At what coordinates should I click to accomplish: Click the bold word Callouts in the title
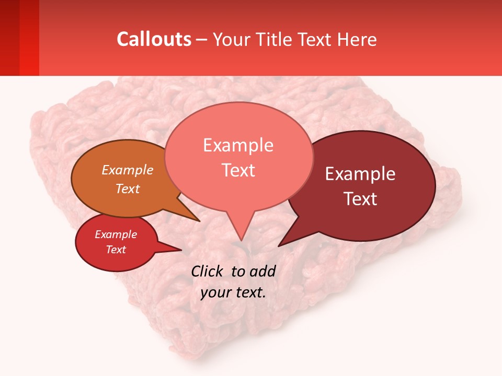pyautogui.click(x=154, y=39)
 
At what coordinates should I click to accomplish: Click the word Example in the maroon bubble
pyautogui.click(x=360, y=174)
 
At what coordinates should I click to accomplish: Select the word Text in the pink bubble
pyautogui.click(x=238, y=170)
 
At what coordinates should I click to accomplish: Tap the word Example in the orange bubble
pyautogui.click(x=128, y=170)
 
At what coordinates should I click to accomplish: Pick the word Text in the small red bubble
pyautogui.click(x=116, y=250)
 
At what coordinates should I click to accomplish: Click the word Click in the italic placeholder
pyautogui.click(x=208, y=271)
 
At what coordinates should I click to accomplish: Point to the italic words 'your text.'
pyautogui.click(x=233, y=292)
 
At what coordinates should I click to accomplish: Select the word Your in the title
pyautogui.click(x=232, y=39)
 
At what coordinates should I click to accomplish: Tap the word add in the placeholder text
pyautogui.click(x=263, y=271)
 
